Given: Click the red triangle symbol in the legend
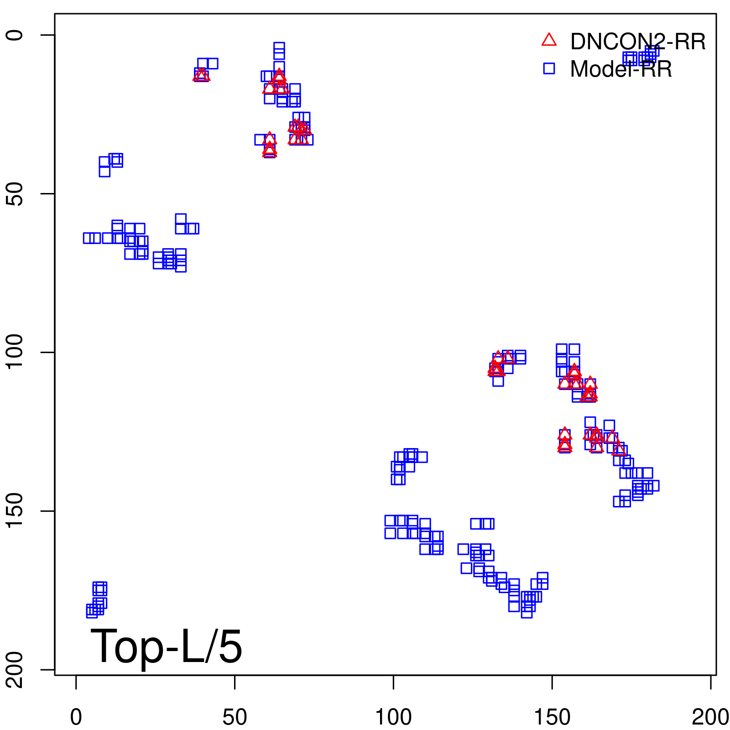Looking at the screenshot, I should coord(549,41).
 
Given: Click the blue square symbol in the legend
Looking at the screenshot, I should coord(549,68).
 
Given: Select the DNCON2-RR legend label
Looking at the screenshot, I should coord(637,42).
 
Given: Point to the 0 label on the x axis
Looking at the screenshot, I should coord(76,717).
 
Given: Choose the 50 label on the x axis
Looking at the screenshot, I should coord(235,717).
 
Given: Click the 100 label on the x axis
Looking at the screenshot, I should coord(393,717).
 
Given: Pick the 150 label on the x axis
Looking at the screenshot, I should coord(552,717).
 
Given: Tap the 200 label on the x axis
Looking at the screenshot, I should coord(710,717).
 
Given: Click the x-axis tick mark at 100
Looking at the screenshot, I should coord(393,682).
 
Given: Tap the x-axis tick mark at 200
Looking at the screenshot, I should coord(710,682).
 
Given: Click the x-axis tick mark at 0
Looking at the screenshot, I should coord(76,682).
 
